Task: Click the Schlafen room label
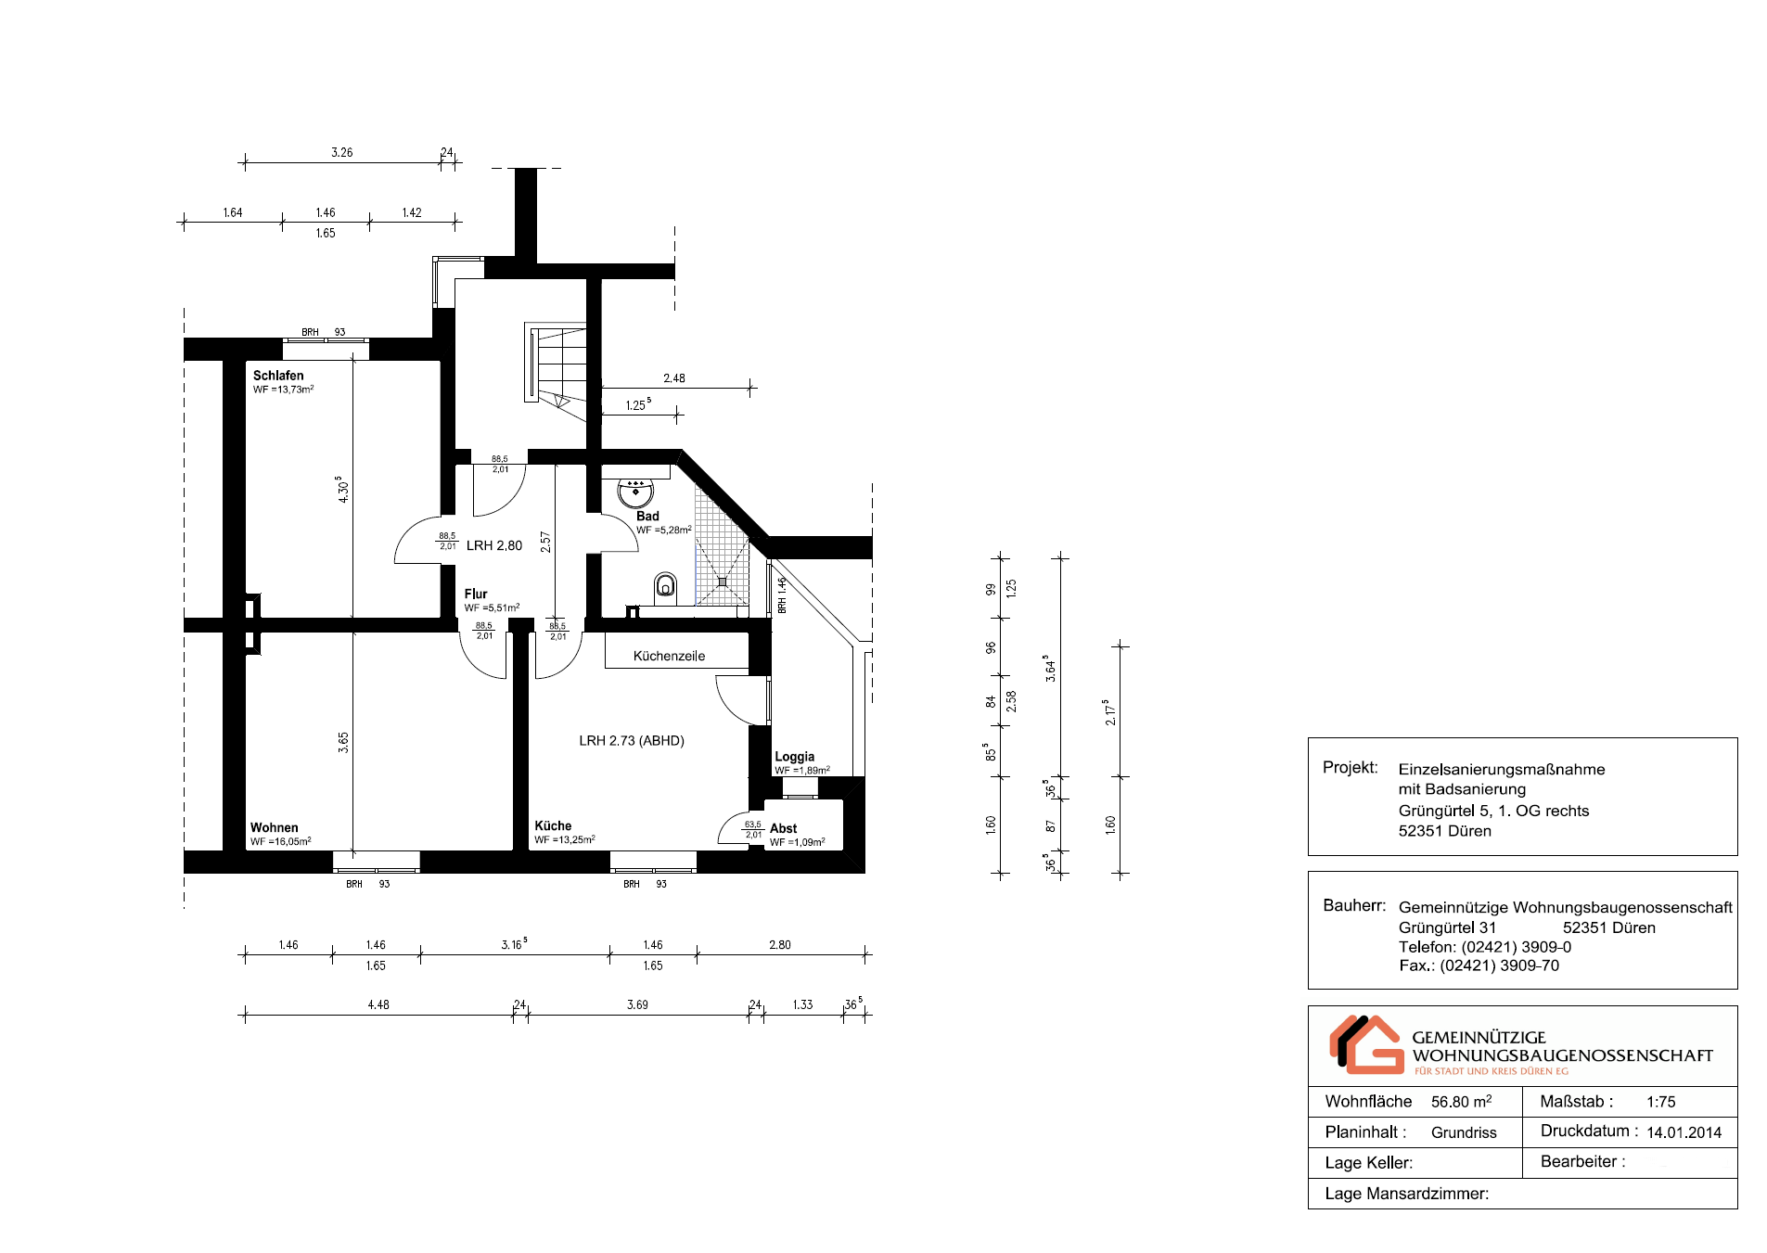click(x=278, y=376)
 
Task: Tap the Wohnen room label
click(x=274, y=827)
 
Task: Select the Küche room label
click(x=553, y=825)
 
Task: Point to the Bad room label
click(x=647, y=516)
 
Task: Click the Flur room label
click(x=476, y=594)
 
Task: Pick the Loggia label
click(x=795, y=757)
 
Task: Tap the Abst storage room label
click(x=783, y=828)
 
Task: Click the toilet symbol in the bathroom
click(x=665, y=586)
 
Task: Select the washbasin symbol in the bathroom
click(x=635, y=492)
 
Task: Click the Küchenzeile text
click(x=669, y=656)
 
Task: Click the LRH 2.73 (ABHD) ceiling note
click(x=632, y=740)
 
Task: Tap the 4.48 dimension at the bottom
click(x=378, y=1004)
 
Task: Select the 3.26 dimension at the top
click(x=342, y=152)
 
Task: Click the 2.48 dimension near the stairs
click(x=674, y=378)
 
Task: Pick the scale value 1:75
click(x=1661, y=1102)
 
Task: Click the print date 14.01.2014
click(x=1684, y=1132)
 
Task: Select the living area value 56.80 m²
click(x=1461, y=1102)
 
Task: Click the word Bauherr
click(x=1354, y=905)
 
